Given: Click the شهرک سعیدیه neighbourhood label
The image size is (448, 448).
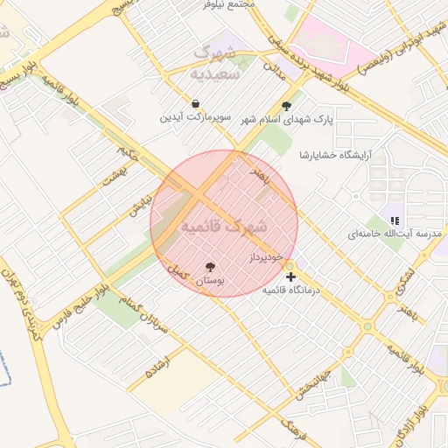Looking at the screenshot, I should point(215,63).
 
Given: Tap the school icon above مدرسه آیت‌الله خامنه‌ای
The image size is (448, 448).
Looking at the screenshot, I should point(394,220).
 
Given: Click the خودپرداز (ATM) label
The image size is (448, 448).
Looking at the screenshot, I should point(267,258).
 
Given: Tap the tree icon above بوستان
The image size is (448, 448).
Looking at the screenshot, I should point(210,267).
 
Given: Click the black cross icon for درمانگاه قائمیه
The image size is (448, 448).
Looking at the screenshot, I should point(290,277).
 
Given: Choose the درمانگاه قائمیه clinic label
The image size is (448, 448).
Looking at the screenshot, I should point(291,290).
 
